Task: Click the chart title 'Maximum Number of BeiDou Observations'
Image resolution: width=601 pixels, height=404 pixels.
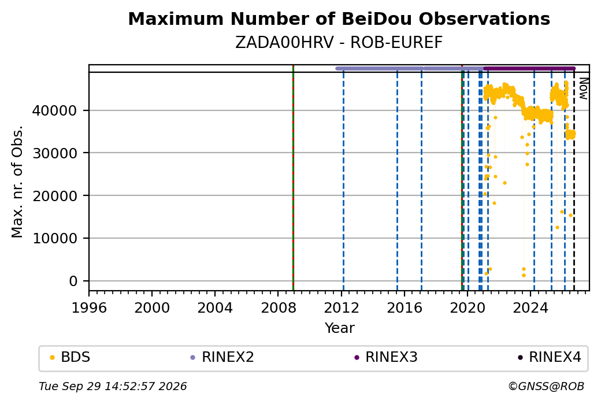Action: coord(339,18)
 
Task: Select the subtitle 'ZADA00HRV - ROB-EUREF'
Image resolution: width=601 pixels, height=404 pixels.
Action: coord(339,43)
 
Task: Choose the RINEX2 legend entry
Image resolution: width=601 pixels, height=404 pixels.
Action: coord(222,357)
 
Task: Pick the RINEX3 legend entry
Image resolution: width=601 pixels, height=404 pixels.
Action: coord(386,357)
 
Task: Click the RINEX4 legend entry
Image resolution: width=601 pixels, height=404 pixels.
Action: coord(550,357)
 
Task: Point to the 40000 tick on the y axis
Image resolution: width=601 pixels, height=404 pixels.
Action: coord(54,111)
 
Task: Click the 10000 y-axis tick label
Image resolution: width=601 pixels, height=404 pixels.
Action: coord(54,239)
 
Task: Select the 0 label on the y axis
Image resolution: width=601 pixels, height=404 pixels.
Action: coord(73,281)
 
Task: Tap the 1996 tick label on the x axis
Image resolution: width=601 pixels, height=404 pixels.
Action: coord(89,308)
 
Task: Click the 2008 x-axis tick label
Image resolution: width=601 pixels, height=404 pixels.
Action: coord(279,308)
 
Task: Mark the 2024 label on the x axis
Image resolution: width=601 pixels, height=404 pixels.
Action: coord(530,308)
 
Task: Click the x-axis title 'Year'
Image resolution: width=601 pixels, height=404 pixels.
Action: coord(340,328)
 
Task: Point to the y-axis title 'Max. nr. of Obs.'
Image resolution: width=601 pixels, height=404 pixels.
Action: coord(17,181)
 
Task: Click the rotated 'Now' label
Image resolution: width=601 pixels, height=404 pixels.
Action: coord(583,88)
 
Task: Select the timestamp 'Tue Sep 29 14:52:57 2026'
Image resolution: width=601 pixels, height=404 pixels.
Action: coord(113,386)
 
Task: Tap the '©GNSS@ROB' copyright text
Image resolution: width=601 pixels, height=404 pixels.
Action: coord(546,386)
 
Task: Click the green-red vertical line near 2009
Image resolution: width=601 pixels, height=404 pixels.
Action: coord(293,178)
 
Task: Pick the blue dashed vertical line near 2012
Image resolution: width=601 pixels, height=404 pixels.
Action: coord(343,181)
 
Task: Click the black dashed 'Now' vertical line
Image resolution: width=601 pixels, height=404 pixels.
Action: coord(574,181)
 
